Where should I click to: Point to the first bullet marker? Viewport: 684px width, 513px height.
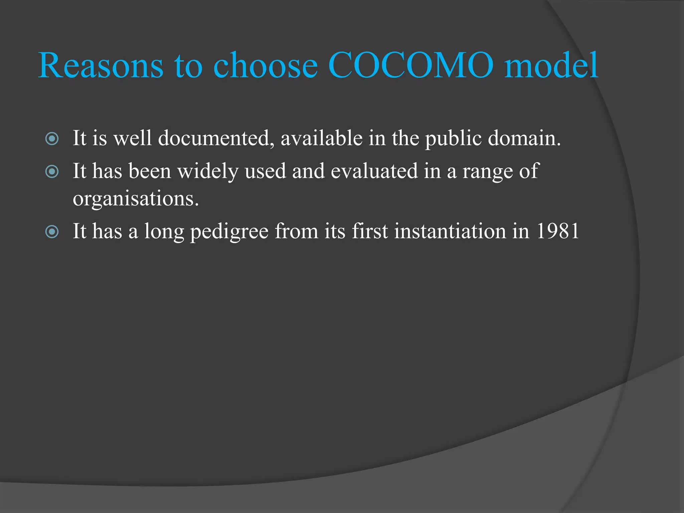(x=52, y=139)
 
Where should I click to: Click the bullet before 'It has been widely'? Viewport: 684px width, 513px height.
(x=52, y=172)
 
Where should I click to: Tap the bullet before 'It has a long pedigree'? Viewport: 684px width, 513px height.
(x=52, y=231)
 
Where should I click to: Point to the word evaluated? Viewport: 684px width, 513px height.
(x=374, y=171)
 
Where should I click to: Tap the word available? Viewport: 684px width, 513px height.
(x=322, y=138)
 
